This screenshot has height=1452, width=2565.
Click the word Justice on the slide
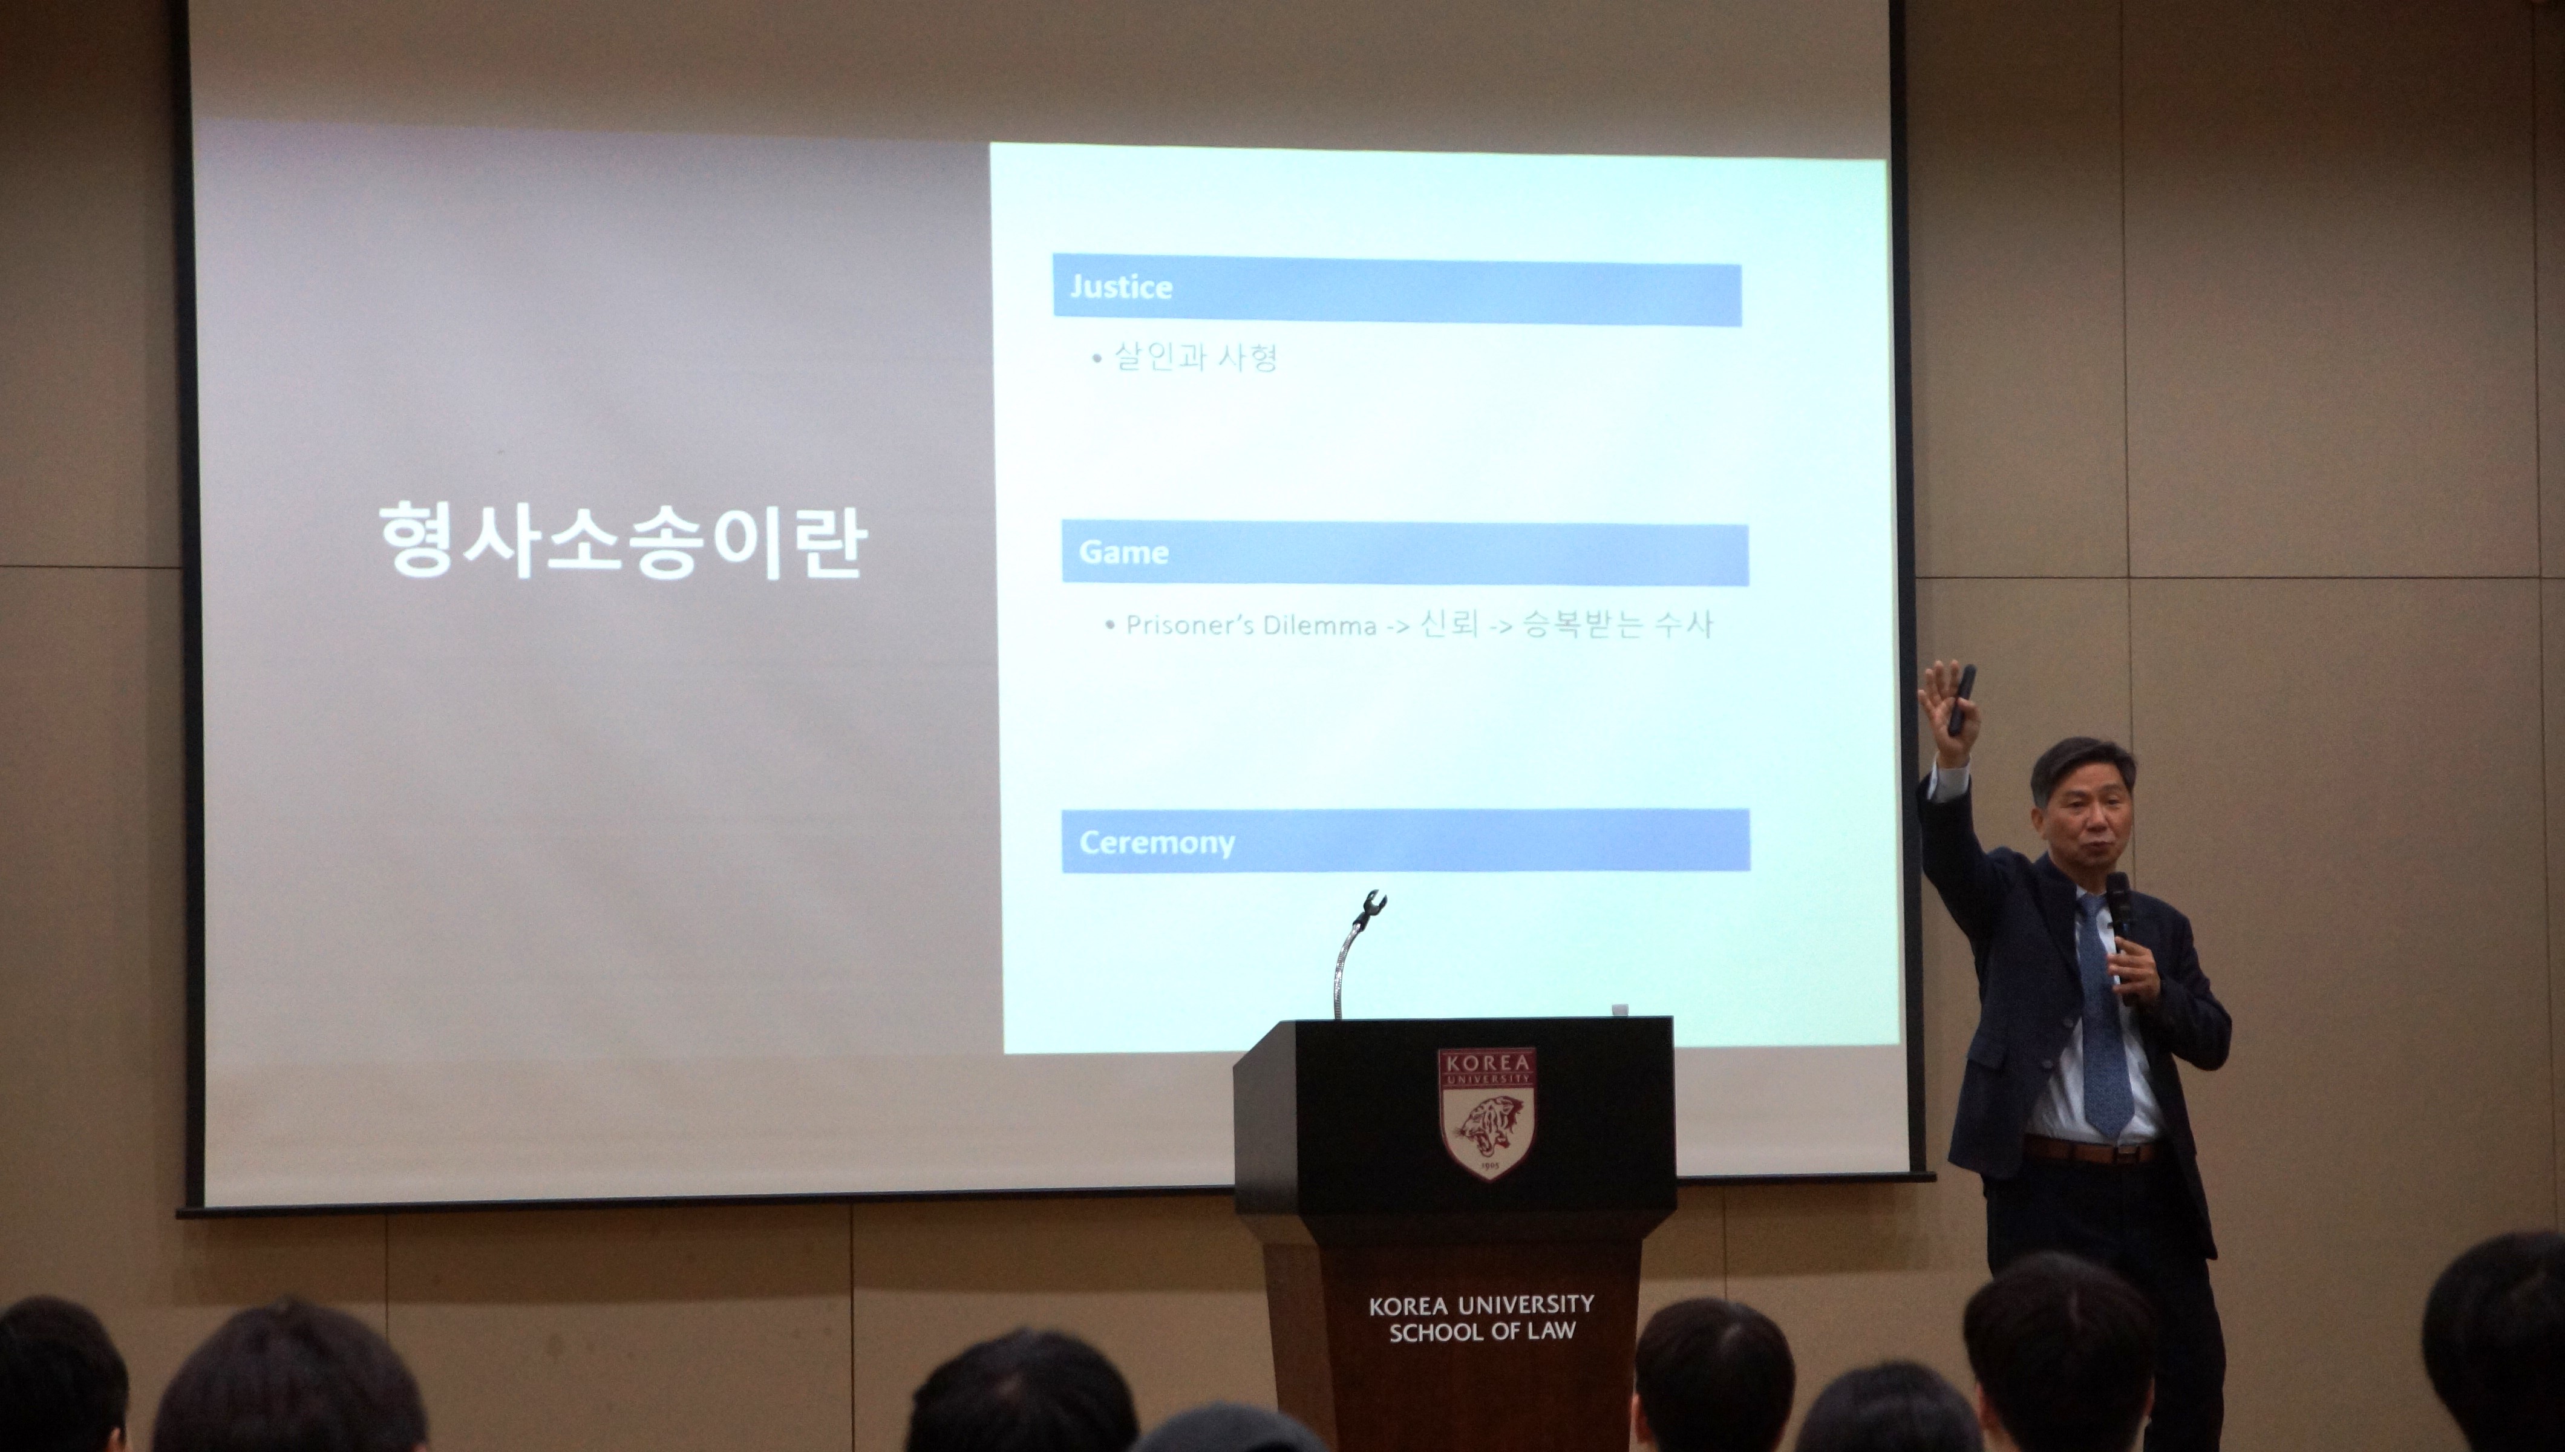coord(1120,287)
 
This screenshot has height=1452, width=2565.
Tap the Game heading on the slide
coord(1123,552)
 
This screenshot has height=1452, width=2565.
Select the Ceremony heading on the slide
coord(1157,844)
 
